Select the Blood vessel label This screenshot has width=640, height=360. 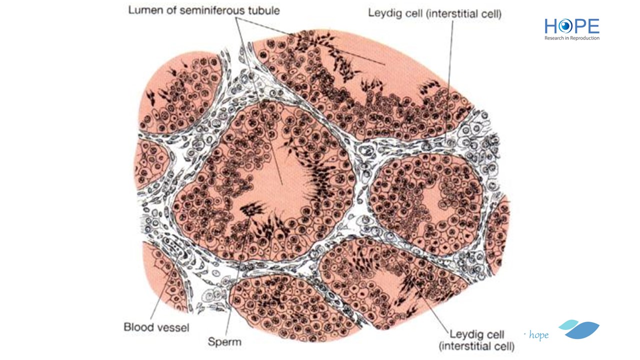pos(156,327)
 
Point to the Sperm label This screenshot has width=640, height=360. pos(224,341)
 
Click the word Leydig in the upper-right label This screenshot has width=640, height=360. pos(383,13)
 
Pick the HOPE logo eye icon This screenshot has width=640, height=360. pos(565,26)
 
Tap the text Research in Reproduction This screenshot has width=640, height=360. pos(571,38)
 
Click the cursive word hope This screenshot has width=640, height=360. pos(539,335)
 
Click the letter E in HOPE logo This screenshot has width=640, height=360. pos(593,26)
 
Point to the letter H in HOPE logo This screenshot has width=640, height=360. pos(551,26)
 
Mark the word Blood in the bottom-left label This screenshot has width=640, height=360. pos(137,327)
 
